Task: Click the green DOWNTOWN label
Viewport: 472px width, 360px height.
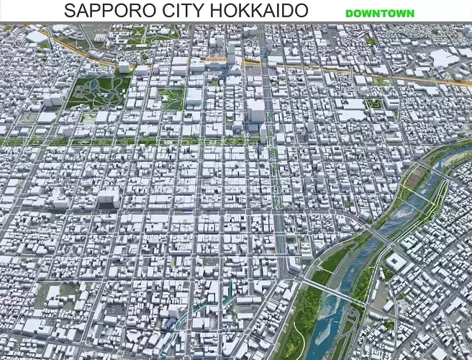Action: (x=379, y=13)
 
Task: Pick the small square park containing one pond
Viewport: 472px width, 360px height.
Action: (x=173, y=99)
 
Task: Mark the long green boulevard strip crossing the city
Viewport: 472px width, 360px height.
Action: (x=144, y=141)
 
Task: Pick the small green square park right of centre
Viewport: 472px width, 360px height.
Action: (x=373, y=104)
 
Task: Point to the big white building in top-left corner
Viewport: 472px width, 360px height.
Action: (x=36, y=36)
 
